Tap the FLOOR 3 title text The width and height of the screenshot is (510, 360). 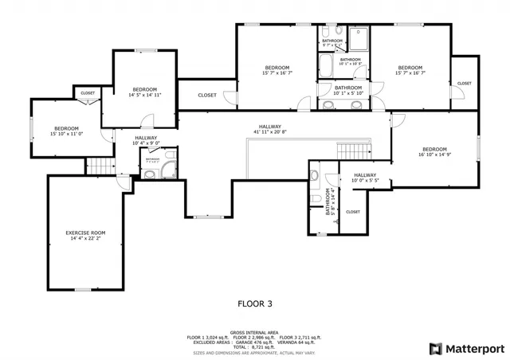256,303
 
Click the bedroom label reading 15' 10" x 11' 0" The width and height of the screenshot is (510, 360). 66,131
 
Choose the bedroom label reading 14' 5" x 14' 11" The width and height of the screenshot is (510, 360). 144,92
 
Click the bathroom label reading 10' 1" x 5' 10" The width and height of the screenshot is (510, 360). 348,90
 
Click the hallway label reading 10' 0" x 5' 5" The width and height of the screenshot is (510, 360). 364,178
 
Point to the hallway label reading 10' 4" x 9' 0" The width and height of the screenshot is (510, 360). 146,141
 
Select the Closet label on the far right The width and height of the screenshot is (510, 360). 464,83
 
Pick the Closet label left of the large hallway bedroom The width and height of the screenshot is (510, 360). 206,95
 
